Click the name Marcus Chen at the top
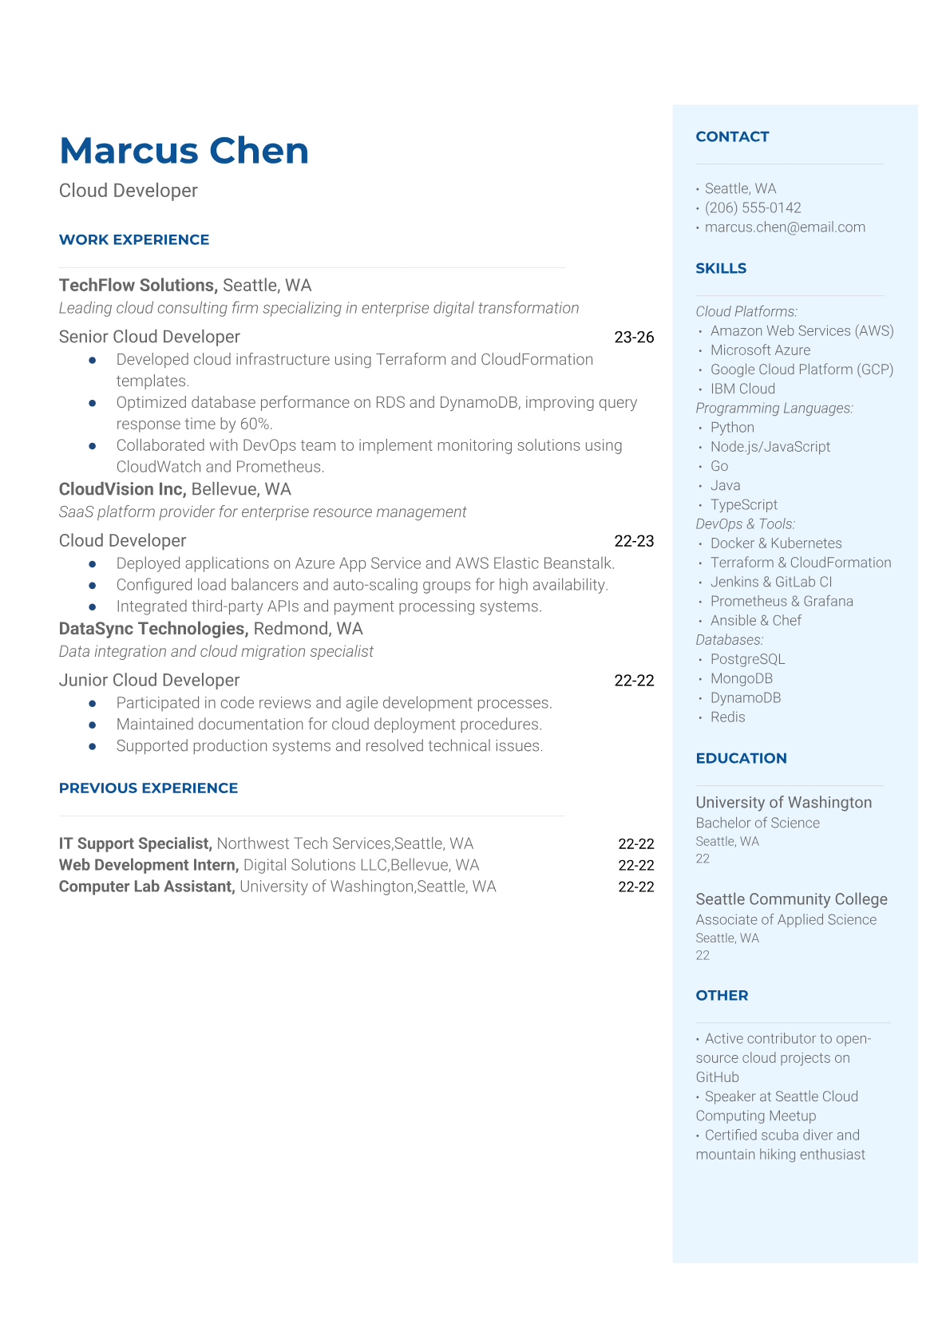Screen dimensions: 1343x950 (x=184, y=151)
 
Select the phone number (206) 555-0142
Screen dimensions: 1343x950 (x=752, y=207)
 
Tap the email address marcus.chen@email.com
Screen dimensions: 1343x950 (x=784, y=227)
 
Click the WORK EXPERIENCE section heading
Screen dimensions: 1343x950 (x=134, y=239)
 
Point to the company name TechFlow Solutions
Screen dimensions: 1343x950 (x=137, y=286)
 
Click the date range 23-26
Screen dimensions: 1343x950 (x=634, y=338)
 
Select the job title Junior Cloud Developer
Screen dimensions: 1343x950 (x=149, y=680)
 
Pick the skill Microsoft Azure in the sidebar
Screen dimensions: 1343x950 (x=760, y=350)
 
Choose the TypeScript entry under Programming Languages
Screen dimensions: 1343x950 (x=743, y=504)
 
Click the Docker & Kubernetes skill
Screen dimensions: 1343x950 (x=775, y=543)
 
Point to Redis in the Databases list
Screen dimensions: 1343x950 (x=727, y=717)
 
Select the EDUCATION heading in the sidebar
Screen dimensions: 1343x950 (x=741, y=758)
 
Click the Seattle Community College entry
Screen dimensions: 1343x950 (x=791, y=899)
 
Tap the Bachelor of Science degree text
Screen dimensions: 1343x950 (x=757, y=823)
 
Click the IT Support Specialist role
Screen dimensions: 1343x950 (x=135, y=843)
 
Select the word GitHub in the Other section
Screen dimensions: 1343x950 (x=717, y=1077)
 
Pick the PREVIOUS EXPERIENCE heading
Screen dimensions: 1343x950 (x=148, y=788)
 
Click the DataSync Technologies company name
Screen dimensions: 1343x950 (x=153, y=629)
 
